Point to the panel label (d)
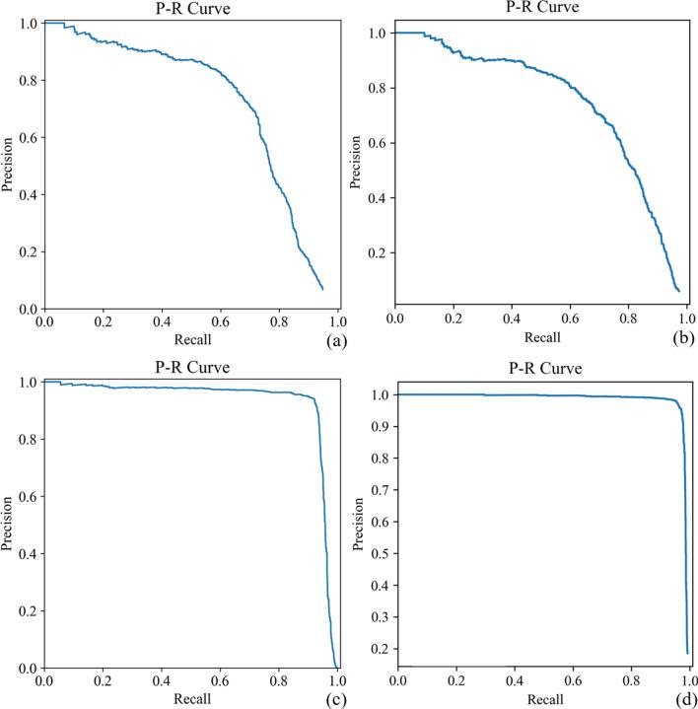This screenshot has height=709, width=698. click(x=680, y=700)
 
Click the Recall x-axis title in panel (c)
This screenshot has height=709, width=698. click(x=190, y=698)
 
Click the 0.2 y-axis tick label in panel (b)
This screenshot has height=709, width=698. click(x=376, y=252)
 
